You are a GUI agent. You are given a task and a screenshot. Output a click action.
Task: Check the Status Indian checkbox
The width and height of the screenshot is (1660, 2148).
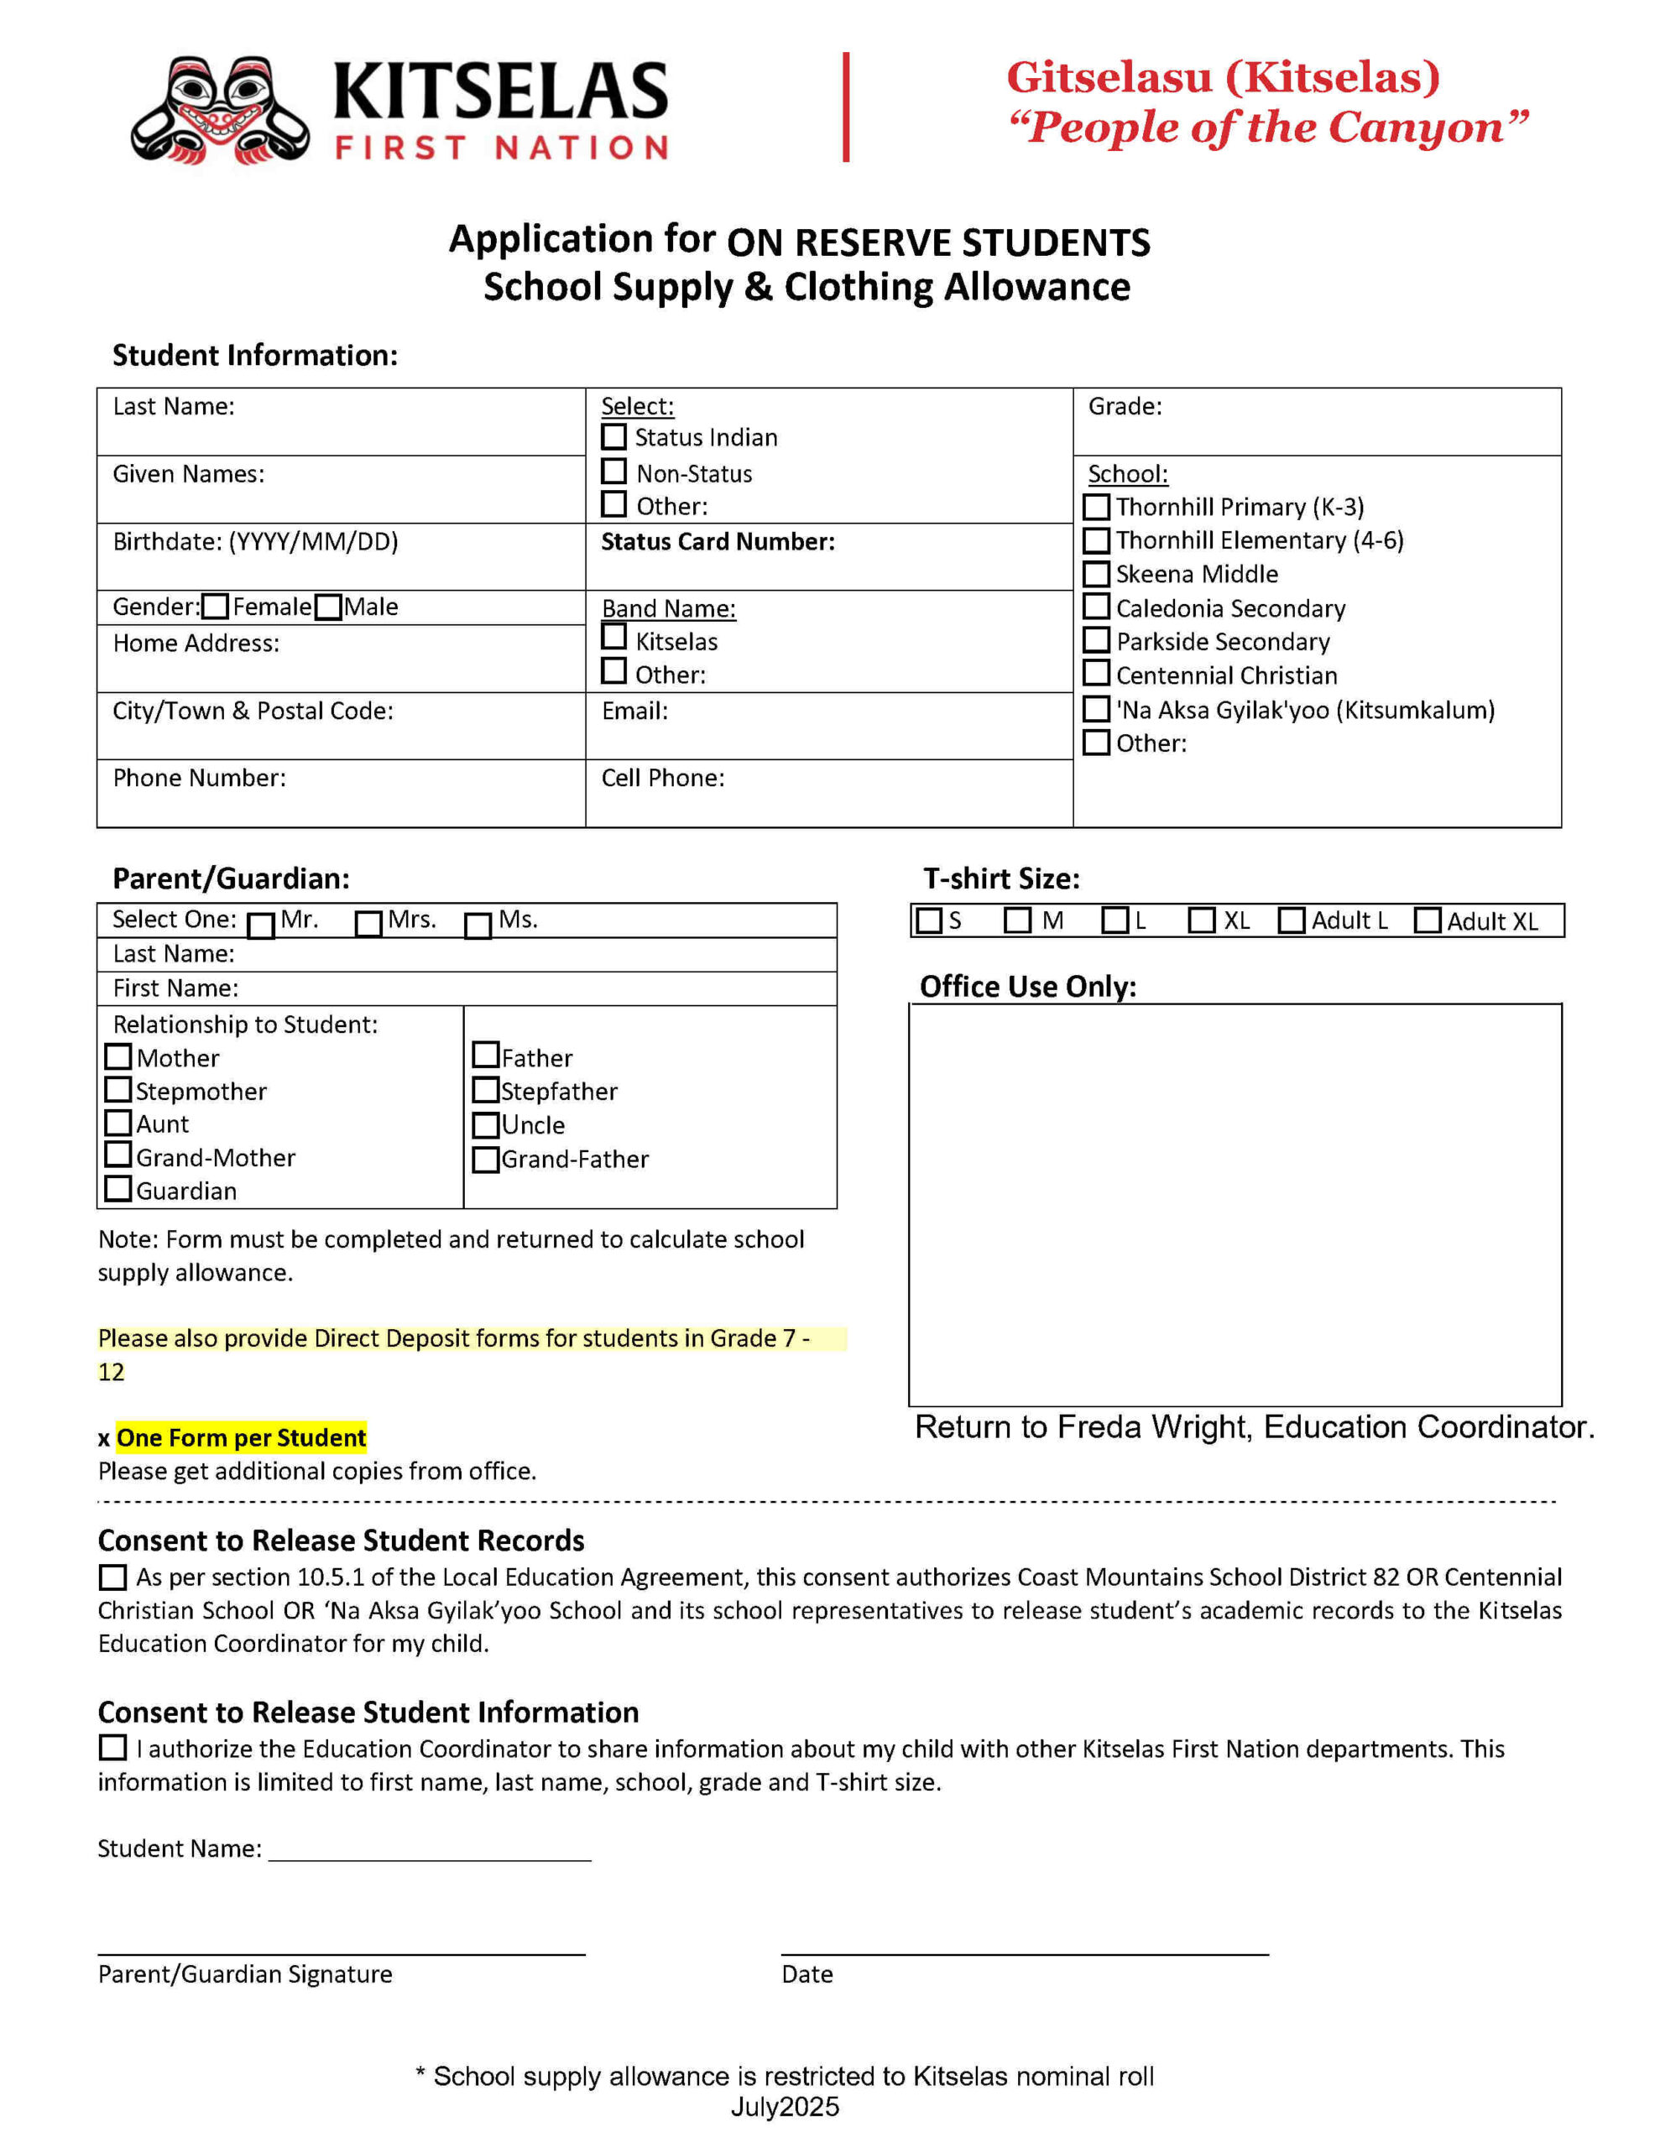614,435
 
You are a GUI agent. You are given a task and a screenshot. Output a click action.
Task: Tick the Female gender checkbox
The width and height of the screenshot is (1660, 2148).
215,607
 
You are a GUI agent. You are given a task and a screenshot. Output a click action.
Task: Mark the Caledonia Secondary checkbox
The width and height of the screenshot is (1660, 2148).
1095,607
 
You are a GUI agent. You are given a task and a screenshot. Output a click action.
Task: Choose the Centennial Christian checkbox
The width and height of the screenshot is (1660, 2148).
1095,674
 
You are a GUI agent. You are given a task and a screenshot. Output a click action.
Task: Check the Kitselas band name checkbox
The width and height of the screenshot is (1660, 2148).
614,638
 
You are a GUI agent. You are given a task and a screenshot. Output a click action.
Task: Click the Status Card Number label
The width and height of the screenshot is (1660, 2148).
718,542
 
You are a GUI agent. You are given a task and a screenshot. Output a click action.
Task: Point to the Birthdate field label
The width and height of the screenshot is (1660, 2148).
255,542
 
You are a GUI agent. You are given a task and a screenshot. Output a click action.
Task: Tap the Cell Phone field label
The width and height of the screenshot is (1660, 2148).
662,778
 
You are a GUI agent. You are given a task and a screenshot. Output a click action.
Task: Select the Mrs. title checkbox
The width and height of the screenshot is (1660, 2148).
368,924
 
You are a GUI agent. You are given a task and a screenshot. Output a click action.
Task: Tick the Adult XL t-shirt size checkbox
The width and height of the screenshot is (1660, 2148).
1427,920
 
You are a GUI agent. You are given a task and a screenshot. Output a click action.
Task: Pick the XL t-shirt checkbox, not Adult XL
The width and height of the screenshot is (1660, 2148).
1202,920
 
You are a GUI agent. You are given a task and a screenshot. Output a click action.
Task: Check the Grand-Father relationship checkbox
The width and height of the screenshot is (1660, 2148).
485,1160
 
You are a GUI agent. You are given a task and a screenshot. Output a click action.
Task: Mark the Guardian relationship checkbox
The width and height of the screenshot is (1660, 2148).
118,1188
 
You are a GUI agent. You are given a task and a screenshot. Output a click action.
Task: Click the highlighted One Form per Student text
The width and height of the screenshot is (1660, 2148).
241,1438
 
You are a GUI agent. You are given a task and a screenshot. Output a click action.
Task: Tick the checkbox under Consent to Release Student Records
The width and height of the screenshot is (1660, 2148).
113,1577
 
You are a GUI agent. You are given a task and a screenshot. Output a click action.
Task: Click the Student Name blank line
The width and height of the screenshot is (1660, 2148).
429,1850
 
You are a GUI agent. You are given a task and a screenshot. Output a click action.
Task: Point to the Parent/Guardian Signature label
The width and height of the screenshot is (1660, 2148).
245,1974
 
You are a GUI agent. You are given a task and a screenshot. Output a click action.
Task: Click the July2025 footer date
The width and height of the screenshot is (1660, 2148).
784,2107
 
